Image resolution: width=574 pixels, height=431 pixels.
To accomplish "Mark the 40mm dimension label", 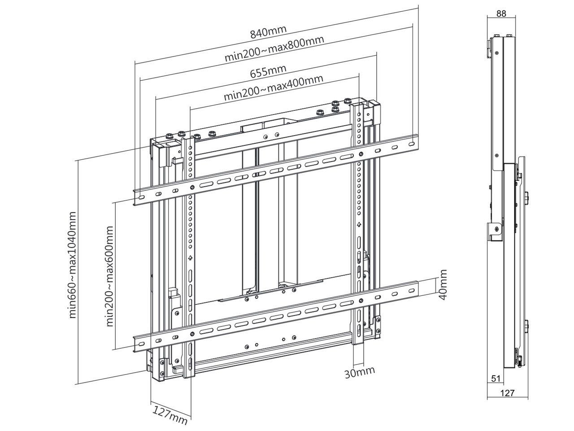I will pos(443,286).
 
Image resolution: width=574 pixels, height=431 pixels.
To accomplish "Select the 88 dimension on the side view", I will pos(501,13).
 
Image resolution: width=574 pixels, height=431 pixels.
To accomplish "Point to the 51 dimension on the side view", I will pos(496,378).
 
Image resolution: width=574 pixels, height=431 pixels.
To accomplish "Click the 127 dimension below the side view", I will pos(507,393).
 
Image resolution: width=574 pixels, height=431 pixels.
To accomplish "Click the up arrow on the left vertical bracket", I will pos(190,258).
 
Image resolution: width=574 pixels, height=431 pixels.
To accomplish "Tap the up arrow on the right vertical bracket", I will pos(359,224).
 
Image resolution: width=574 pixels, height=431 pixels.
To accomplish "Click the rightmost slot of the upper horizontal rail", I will pos(412,144).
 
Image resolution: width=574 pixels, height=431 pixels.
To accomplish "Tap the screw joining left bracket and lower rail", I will pos(192,334).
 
